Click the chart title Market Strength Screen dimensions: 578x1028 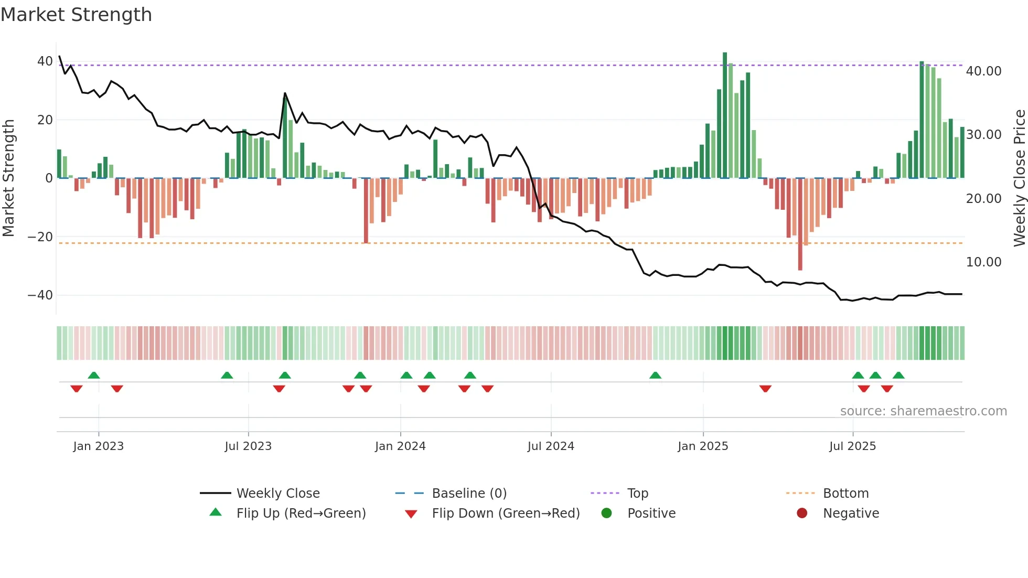pos(76,15)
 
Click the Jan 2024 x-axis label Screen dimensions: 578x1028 pos(400,446)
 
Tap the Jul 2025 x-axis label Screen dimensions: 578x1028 pos(852,446)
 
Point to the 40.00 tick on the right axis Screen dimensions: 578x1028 pos(983,71)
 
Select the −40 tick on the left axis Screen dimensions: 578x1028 pos(40,295)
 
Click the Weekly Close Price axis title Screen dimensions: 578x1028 pos(1019,178)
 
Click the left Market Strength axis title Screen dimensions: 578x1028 pos(8,178)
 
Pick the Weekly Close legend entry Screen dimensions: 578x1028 pos(277,494)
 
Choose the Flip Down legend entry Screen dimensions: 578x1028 pos(505,513)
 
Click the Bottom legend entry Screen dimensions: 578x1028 pos(845,494)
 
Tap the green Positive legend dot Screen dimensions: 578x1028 pos(607,513)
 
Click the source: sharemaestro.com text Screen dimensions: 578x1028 pos(923,411)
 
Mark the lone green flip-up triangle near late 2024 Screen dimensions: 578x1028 pos(655,375)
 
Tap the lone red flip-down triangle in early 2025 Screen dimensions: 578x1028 pos(765,389)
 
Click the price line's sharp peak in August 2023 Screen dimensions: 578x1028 pos(285,93)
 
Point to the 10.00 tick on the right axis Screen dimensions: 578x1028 pos(983,262)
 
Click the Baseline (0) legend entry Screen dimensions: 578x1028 pos(469,494)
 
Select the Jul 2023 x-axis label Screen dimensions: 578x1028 pos(248,446)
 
